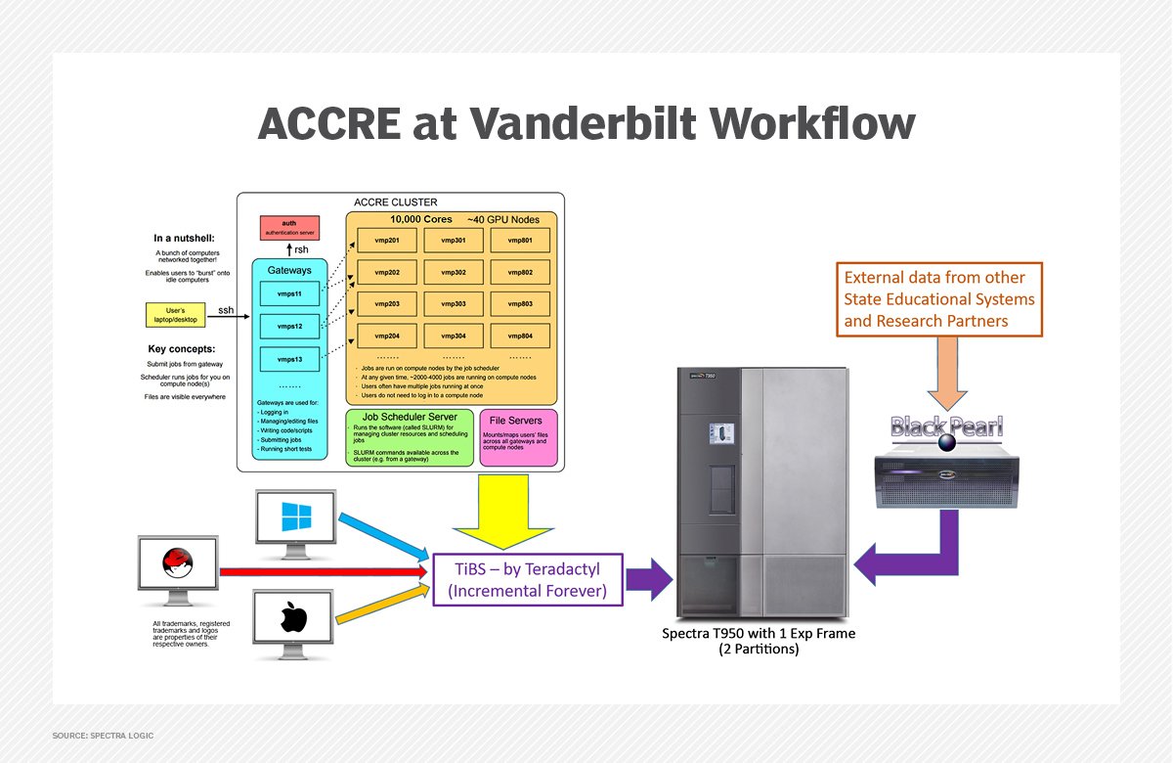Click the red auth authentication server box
coord(289,229)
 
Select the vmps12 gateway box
coord(287,325)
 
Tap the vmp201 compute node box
coord(387,241)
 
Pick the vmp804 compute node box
coord(520,337)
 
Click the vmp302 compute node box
coord(454,273)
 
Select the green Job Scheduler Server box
coord(411,437)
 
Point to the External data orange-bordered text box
coord(938,298)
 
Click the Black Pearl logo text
coord(947,426)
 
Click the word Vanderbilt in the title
coord(551,125)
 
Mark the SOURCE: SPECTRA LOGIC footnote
coord(103,736)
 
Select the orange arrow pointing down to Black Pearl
coord(947,375)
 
